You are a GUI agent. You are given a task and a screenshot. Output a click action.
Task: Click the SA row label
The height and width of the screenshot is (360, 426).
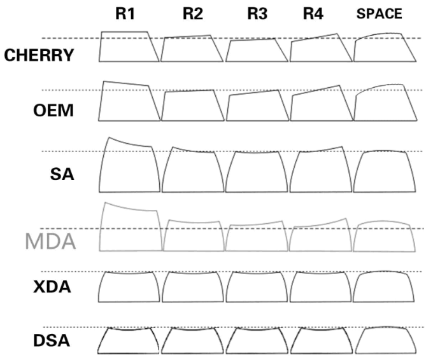[64, 172]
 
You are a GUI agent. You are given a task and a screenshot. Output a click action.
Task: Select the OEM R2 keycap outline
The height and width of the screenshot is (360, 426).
[191, 106]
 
